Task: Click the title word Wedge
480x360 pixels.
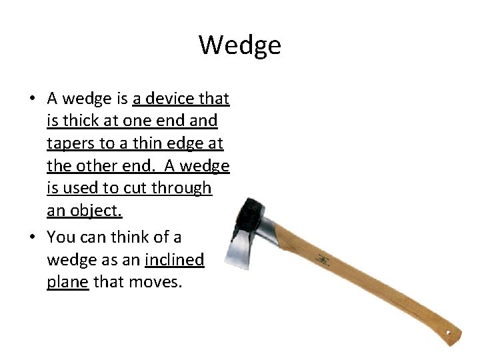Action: point(240,45)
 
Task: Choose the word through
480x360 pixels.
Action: point(182,189)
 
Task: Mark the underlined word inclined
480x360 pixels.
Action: point(174,260)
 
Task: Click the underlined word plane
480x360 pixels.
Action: point(67,282)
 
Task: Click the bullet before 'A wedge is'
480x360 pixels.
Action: point(32,99)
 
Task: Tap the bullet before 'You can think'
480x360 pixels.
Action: point(32,237)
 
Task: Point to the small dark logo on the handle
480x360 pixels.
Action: point(325,258)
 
